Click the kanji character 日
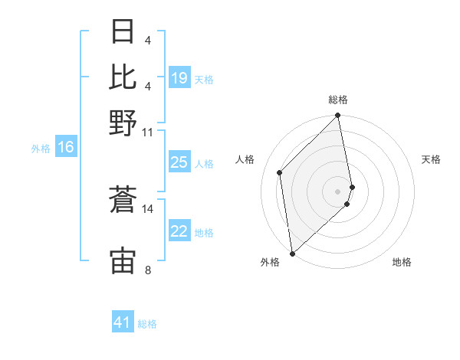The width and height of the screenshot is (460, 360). click(x=123, y=32)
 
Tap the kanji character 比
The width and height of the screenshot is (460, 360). click(x=123, y=77)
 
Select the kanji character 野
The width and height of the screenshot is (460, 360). click(x=123, y=122)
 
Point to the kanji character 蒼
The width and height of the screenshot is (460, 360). click(x=123, y=201)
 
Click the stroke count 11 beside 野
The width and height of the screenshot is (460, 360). click(x=148, y=132)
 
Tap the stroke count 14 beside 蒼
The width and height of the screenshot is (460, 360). click(x=148, y=208)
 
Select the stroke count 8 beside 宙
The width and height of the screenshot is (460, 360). click(x=148, y=269)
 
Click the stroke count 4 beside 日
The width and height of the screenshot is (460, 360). click(x=148, y=40)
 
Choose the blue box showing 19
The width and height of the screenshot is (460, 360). click(x=179, y=78)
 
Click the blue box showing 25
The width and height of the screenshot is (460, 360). click(x=179, y=162)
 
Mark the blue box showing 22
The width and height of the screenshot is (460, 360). click(x=179, y=231)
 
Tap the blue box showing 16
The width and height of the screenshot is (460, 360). click(x=66, y=148)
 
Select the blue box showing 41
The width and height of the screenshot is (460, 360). click(x=123, y=322)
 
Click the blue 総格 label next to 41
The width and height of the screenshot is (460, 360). click(x=148, y=324)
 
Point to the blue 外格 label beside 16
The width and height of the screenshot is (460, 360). click(x=41, y=149)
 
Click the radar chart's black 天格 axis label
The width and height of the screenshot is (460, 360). click(x=431, y=159)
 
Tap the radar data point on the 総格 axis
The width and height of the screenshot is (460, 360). click(x=338, y=116)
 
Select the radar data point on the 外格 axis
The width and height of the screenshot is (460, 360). click(x=292, y=253)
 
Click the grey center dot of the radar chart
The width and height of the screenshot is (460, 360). click(x=338, y=191)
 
